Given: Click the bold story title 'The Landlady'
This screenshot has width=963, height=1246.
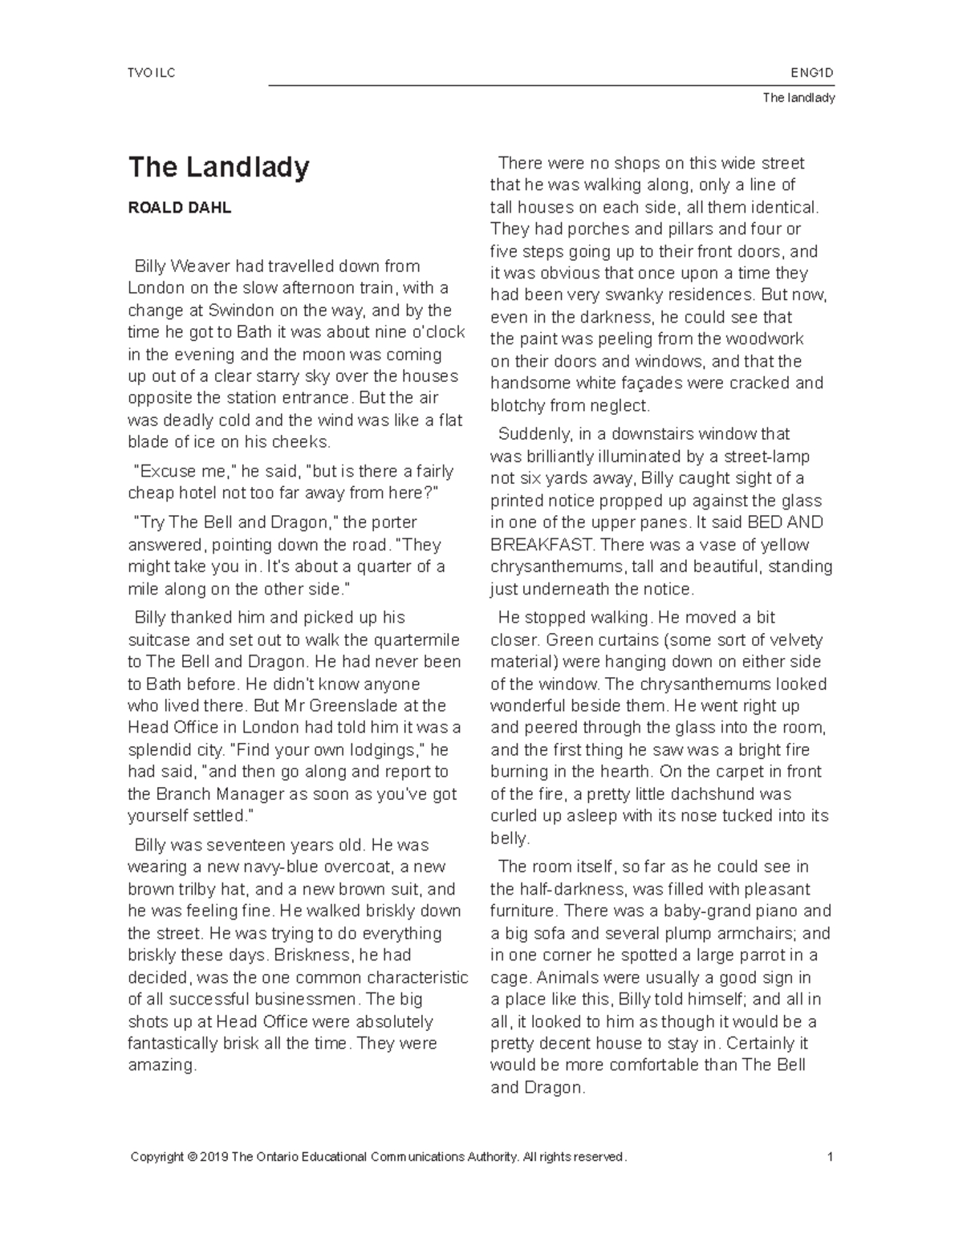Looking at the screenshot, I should click(218, 168).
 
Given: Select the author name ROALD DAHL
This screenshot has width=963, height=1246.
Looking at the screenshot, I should click(180, 208).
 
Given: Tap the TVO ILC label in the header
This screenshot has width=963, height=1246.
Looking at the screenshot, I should click(151, 74).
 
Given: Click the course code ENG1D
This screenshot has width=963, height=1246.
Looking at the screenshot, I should click(812, 74).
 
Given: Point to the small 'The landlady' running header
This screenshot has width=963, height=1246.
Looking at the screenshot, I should click(798, 98).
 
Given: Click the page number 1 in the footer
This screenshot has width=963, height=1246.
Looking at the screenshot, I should click(831, 1156).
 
